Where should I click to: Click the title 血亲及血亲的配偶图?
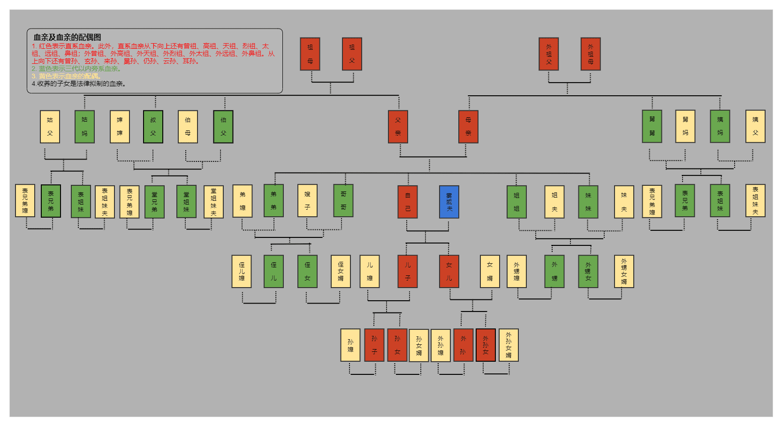coord(67,37)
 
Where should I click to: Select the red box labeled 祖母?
coord(310,54)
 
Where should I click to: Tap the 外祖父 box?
coord(549,54)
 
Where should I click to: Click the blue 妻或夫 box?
coord(449,202)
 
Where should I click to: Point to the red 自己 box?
coord(408,202)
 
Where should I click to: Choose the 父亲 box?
coord(398,127)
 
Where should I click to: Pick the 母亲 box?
coord(468,127)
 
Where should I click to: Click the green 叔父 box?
coord(153,127)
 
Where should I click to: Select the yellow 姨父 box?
coord(755,126)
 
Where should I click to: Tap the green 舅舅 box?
coord(652,126)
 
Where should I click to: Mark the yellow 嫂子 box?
coord(307,200)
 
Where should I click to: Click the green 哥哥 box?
coord(343,200)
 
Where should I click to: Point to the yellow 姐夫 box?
coord(554,202)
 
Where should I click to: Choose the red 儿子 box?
coord(408,271)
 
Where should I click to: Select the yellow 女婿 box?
coord(490,271)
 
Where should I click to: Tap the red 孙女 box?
coord(397,345)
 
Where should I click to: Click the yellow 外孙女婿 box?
coord(509,345)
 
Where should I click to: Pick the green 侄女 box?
coord(307,271)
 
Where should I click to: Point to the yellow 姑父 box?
coord(50,127)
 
